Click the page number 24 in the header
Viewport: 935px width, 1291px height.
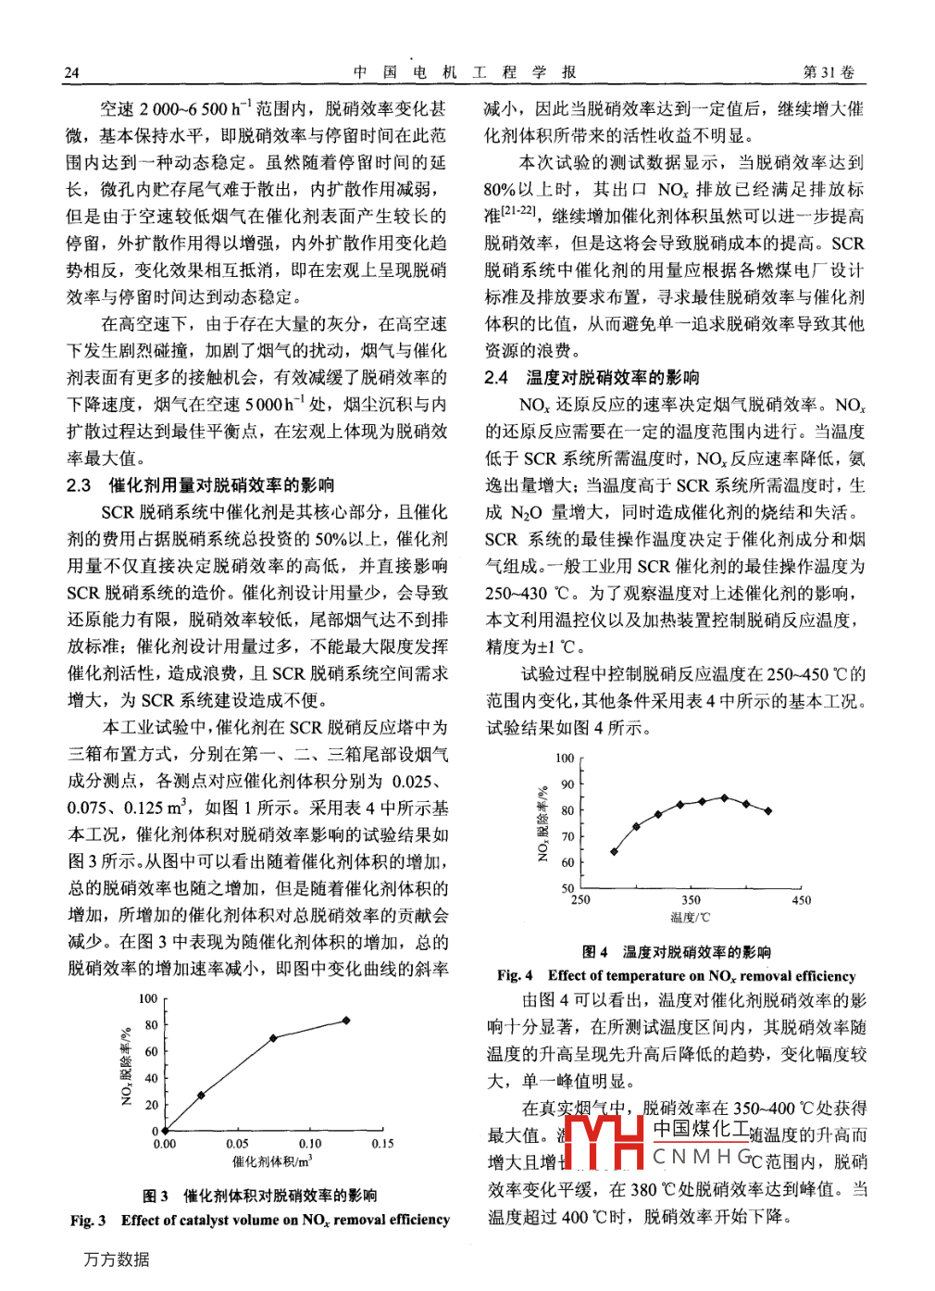(x=72, y=73)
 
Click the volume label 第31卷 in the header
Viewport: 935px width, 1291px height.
(x=829, y=72)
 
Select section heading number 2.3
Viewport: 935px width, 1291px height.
(x=80, y=485)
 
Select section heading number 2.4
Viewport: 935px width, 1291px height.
(x=496, y=378)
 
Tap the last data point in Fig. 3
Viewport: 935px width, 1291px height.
(x=346, y=1021)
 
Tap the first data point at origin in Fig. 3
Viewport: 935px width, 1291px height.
(x=165, y=1131)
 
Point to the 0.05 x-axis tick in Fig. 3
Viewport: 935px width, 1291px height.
(x=237, y=1145)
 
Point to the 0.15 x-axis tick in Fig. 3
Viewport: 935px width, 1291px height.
(x=382, y=1145)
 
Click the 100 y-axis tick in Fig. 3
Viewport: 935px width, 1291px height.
(x=148, y=999)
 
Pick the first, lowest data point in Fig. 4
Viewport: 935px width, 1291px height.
(x=614, y=851)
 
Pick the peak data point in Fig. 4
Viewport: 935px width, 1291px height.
(x=724, y=797)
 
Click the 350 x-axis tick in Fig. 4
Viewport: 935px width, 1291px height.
(x=691, y=900)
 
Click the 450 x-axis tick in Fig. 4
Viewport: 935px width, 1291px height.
(x=801, y=900)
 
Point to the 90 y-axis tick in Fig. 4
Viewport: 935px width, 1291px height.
(x=567, y=784)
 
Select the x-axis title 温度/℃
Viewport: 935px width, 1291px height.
(x=690, y=918)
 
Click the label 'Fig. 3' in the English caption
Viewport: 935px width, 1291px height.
(x=88, y=1221)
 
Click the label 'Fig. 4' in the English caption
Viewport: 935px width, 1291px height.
(x=515, y=976)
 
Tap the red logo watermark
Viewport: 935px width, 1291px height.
(x=603, y=1142)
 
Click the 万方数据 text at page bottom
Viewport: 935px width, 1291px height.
(x=117, y=1260)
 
